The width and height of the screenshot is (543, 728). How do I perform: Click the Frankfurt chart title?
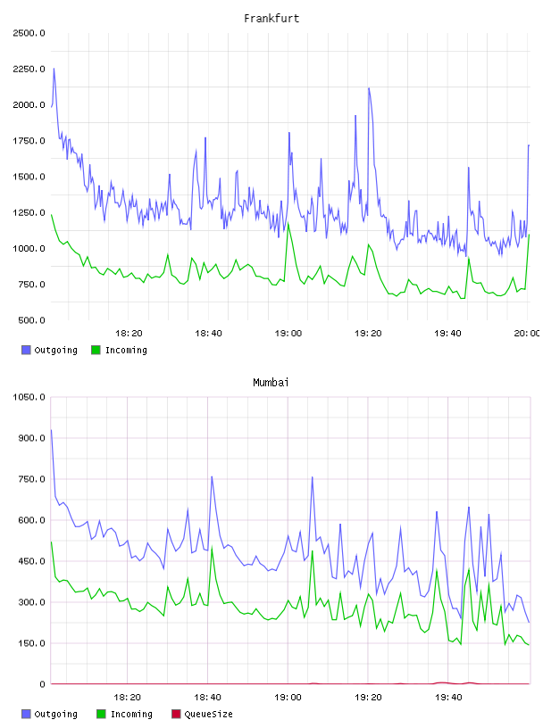pos(271,19)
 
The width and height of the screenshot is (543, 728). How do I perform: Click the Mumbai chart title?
pos(271,383)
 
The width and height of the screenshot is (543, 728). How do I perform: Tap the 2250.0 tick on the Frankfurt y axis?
pos(29,70)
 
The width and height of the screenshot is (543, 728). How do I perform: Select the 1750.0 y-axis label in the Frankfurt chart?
pos(29,141)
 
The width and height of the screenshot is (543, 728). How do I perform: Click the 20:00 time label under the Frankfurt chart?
pos(526,334)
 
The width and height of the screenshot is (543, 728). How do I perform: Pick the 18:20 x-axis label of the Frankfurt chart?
pos(129,334)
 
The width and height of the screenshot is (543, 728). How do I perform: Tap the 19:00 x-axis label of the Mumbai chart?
pos(288,698)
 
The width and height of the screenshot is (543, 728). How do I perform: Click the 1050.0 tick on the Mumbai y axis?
pos(29,397)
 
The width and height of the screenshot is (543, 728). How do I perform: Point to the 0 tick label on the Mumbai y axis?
pos(42,684)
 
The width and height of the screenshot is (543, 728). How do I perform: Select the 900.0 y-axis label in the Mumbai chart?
pos(31,438)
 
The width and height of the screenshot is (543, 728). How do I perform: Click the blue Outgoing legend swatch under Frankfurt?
pos(26,350)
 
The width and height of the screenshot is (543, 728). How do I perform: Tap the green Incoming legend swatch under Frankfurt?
pos(96,350)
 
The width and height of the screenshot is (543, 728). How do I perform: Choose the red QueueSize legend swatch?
pos(176,714)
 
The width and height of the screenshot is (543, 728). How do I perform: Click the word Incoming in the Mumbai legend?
pos(131,715)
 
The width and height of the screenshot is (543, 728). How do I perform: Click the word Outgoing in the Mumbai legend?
pos(55,715)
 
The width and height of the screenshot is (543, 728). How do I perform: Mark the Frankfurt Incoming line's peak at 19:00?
pos(288,223)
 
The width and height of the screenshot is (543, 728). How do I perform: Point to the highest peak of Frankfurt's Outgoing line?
pos(54,68)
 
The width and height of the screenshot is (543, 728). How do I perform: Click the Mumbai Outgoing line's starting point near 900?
pos(51,430)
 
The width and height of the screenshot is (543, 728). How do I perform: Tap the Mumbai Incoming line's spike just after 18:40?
pos(212,548)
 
